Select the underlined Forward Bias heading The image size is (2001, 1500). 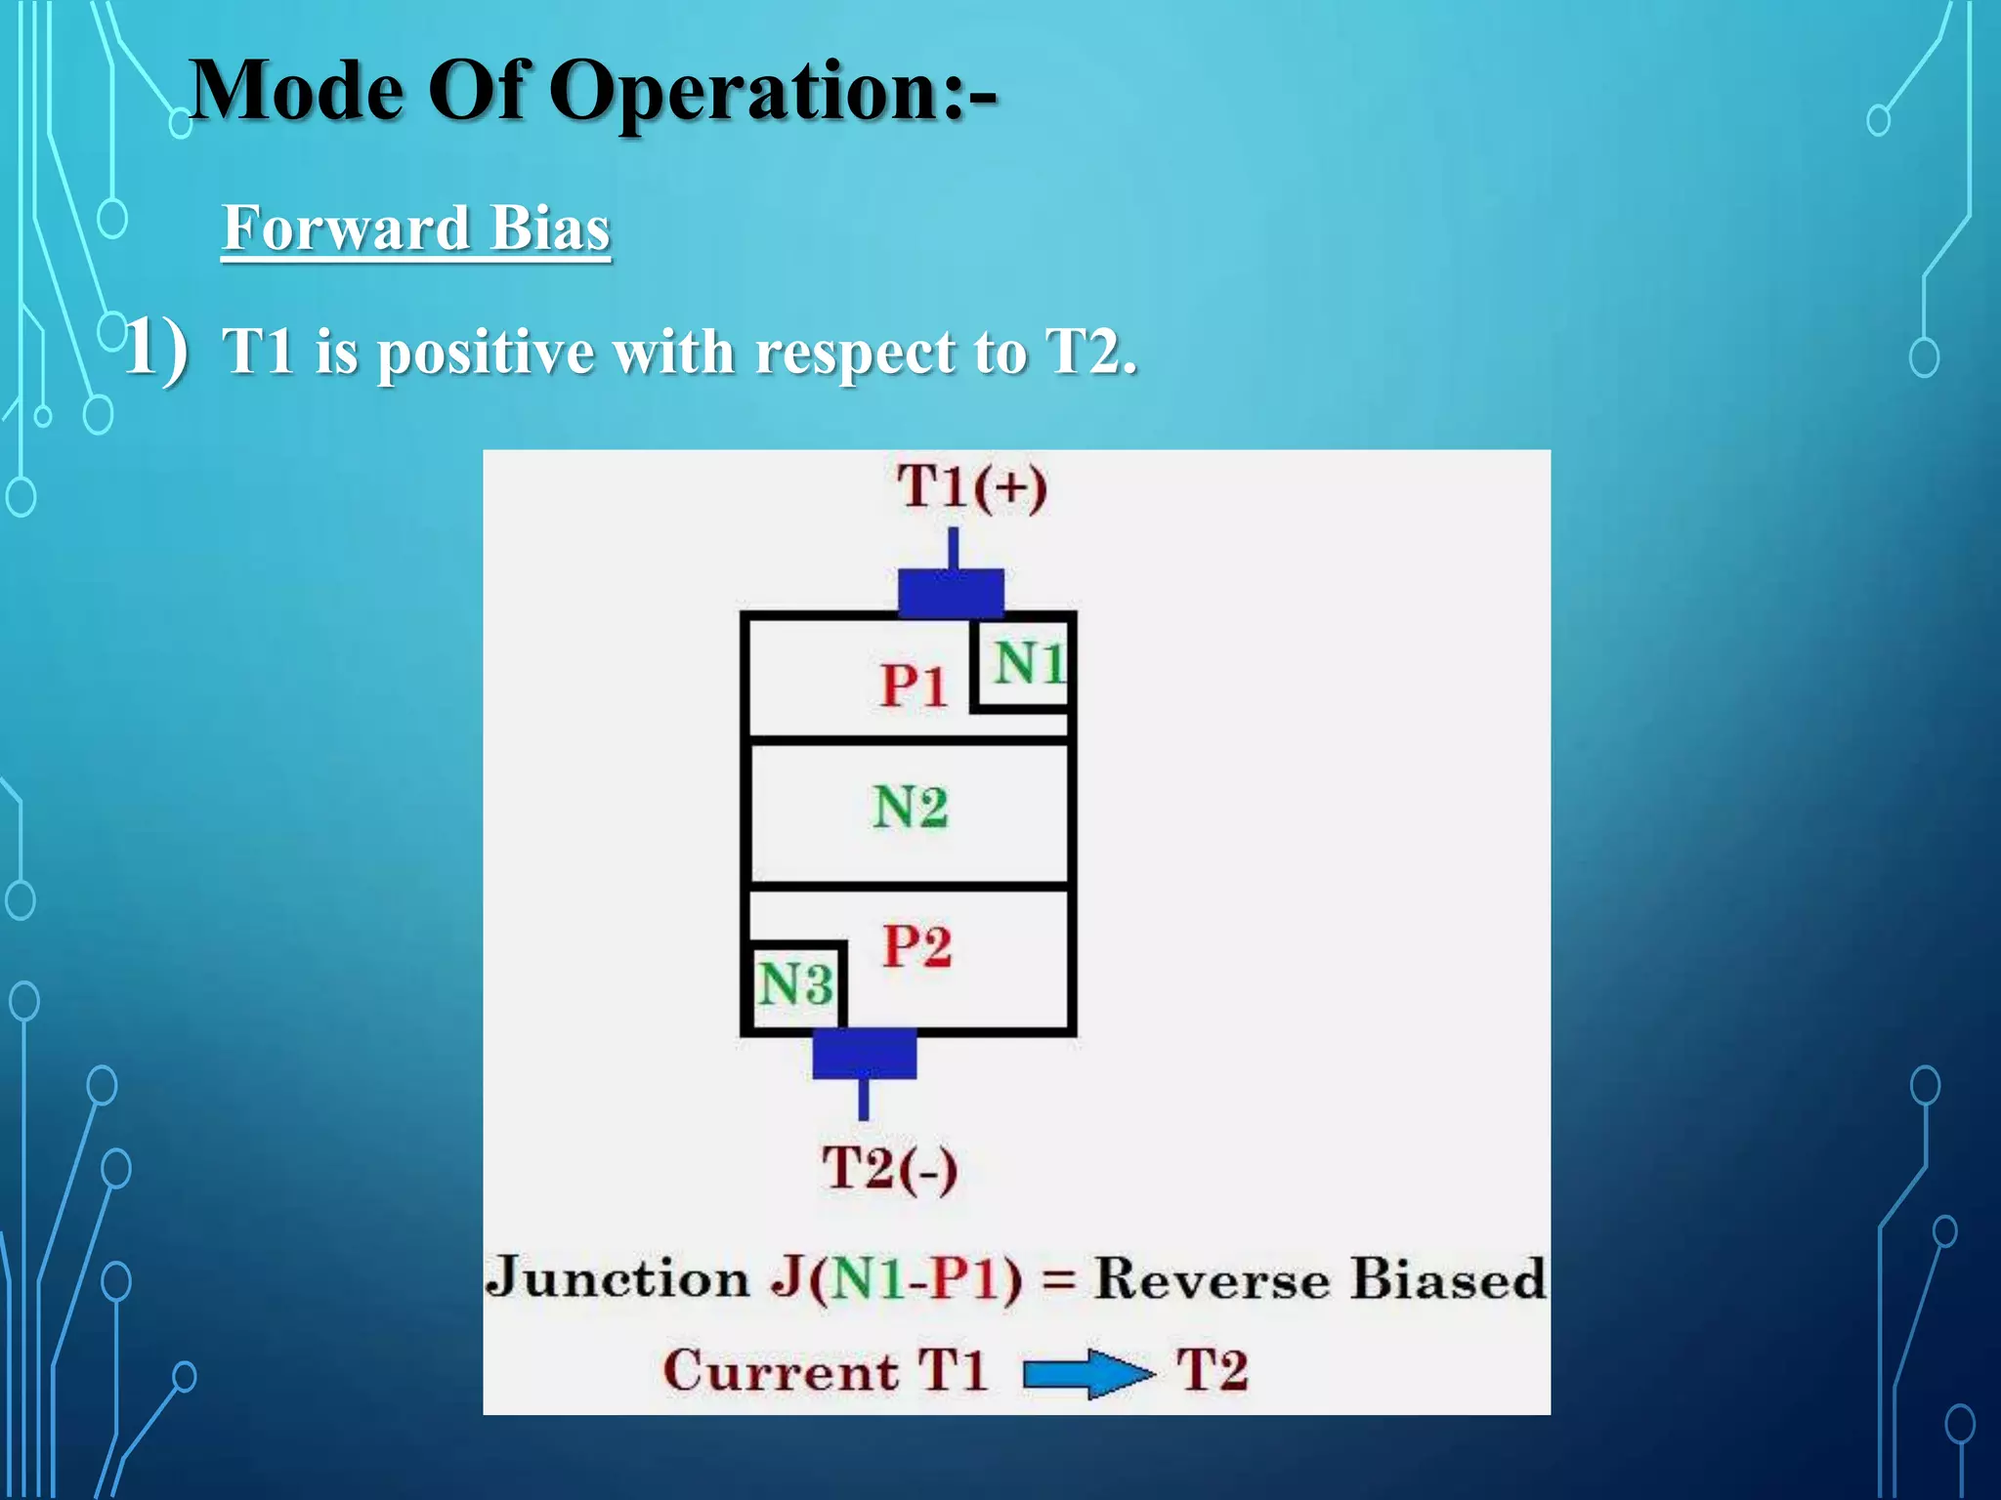point(416,229)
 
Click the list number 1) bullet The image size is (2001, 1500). point(156,348)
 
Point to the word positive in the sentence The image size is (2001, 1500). point(487,354)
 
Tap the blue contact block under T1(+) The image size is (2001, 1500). point(951,593)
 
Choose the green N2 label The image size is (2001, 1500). point(910,808)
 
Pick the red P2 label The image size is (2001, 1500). point(916,945)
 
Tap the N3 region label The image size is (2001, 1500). point(795,983)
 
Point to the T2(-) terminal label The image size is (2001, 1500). point(889,1168)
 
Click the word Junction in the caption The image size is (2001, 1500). point(617,1277)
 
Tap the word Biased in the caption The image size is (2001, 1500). point(1448,1279)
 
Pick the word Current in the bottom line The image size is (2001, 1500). point(780,1370)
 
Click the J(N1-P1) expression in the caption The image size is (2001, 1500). point(897,1279)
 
